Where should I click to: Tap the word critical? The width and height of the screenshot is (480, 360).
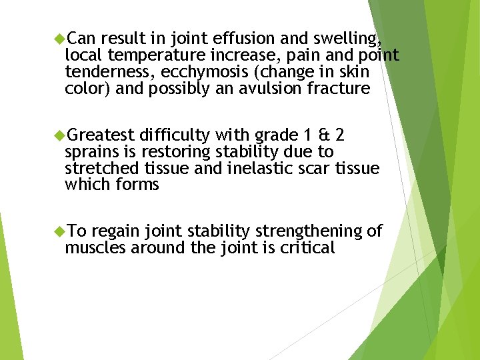308,248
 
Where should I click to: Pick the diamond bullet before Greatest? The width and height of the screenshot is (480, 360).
59,135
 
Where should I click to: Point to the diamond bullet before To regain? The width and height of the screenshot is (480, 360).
59,231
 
